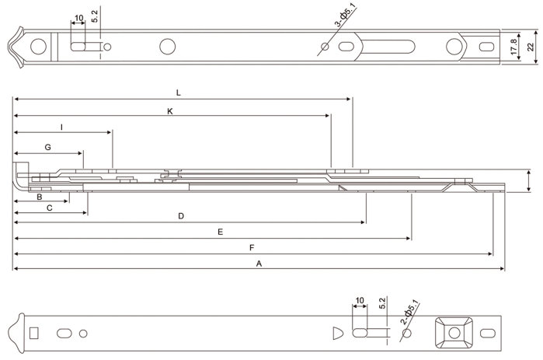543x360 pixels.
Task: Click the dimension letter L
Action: coord(178,93)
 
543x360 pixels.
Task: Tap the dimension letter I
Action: coord(61,126)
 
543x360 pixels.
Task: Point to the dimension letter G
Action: coord(47,147)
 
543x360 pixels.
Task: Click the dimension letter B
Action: coord(39,197)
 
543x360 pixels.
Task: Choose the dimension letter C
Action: coord(49,208)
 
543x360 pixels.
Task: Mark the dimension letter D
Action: coord(181,216)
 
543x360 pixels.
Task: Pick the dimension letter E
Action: coord(221,232)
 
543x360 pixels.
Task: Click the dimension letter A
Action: coord(259,264)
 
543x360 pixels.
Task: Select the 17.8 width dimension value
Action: coord(514,48)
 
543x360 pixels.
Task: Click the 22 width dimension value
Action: coord(531,48)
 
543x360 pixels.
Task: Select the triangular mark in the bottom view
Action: coord(336,333)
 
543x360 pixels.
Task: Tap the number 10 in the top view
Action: coord(78,18)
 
